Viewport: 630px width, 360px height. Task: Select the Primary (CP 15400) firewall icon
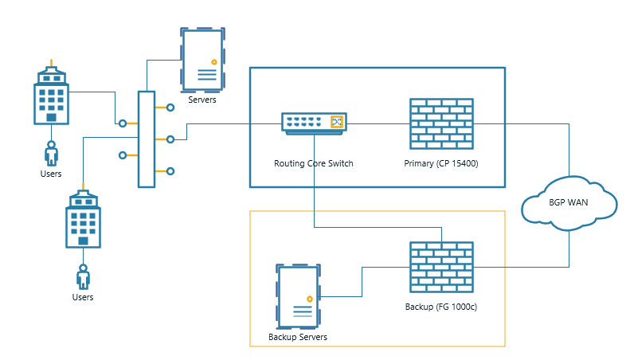click(x=440, y=123)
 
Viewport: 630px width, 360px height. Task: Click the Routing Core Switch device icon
click(x=315, y=123)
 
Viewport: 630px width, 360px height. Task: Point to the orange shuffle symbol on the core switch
click(x=338, y=123)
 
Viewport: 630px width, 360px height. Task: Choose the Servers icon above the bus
click(x=202, y=60)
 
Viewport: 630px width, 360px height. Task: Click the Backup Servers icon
click(x=299, y=296)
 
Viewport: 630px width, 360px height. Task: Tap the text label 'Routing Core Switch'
click(x=313, y=163)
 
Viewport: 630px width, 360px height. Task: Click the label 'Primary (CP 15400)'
click(x=440, y=163)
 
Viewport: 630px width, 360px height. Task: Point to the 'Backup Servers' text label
click(x=298, y=337)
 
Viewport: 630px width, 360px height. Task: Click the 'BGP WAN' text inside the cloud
click(x=569, y=202)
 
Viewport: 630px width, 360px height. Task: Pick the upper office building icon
click(x=52, y=96)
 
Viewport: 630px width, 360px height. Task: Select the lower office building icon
click(x=83, y=219)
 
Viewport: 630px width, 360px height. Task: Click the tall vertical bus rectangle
click(x=147, y=139)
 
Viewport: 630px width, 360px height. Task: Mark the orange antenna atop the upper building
click(x=52, y=62)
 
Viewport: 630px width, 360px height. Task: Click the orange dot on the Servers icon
click(x=213, y=61)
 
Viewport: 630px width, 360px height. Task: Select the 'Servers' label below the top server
click(x=202, y=100)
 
